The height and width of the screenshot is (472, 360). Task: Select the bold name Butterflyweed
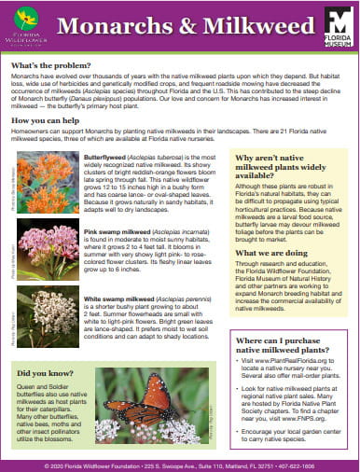[x=105, y=158]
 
